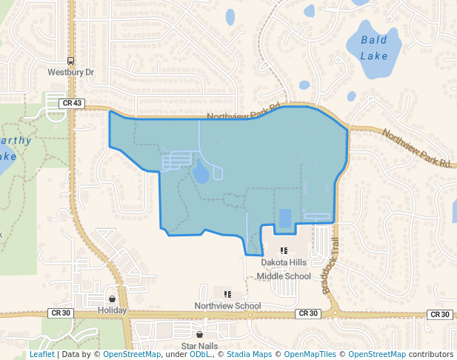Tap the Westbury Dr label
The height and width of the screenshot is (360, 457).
(70, 73)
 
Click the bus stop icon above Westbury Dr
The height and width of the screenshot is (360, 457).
(70, 61)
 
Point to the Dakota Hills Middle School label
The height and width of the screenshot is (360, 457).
(284, 270)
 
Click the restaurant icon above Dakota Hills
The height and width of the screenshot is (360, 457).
(284, 251)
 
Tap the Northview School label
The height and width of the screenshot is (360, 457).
(227, 306)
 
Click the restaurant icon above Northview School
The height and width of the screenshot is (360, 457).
(227, 294)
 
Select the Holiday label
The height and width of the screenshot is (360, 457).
(113, 310)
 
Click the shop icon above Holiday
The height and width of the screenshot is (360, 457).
(112, 299)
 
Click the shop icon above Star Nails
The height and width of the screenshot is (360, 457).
(199, 335)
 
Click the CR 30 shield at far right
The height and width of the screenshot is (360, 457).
(441, 314)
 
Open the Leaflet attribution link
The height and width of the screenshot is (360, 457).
(41, 355)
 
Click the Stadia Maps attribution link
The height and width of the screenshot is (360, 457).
(248, 355)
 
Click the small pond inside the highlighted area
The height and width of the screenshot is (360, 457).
(201, 173)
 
